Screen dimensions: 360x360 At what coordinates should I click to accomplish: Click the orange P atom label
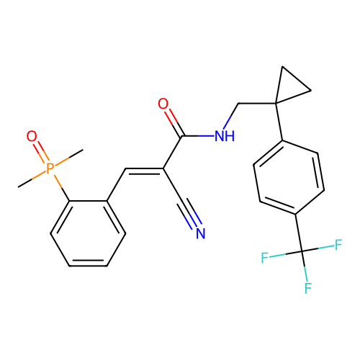coord(50,168)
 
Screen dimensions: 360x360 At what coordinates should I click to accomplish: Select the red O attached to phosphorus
coord(32,137)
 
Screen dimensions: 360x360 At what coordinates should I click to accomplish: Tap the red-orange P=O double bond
coord(41,152)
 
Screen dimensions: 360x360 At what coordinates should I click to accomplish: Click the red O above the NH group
coord(163,104)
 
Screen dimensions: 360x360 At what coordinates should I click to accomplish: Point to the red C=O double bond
coord(170,115)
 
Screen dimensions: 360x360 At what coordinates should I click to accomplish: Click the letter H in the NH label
coord(230,137)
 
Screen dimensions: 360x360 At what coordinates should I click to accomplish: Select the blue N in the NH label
coord(220,137)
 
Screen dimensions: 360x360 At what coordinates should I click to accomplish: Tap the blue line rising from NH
coord(227,122)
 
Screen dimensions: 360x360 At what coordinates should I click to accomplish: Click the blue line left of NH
coord(206,135)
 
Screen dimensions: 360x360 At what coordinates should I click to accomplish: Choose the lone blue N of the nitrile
coord(201,233)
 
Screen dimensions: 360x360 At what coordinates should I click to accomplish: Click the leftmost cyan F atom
coord(265,257)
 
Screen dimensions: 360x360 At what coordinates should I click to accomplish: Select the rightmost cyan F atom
coord(338,245)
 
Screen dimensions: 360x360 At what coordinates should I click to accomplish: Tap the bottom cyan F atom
coord(307,288)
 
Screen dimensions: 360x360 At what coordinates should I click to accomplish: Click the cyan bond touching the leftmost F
coord(278,255)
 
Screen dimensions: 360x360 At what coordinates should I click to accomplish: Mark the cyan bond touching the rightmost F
coord(325,247)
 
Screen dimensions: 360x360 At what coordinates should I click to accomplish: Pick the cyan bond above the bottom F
coord(305,274)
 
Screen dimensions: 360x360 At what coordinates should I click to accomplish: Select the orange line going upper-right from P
coord(62,161)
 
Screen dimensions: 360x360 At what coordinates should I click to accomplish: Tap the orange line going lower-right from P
coord(58,180)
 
